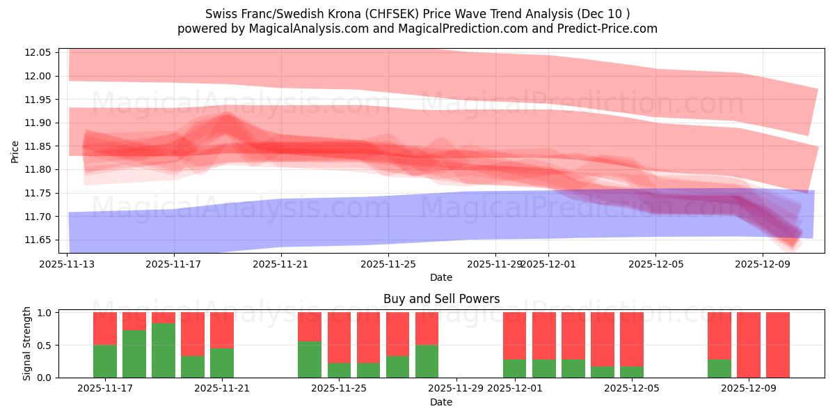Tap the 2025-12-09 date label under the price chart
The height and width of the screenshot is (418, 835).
pos(763,265)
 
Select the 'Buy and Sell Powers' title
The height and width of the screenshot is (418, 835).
pos(441,299)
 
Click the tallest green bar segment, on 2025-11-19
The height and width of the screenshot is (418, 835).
pos(164,350)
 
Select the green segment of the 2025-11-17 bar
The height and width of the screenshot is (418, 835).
pos(105,361)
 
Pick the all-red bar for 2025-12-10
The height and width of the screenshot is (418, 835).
pos(778,345)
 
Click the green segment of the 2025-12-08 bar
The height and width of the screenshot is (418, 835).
pos(719,369)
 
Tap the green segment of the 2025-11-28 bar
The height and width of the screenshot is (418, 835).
pos(427,361)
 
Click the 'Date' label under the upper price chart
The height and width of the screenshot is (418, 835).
pos(440,277)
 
